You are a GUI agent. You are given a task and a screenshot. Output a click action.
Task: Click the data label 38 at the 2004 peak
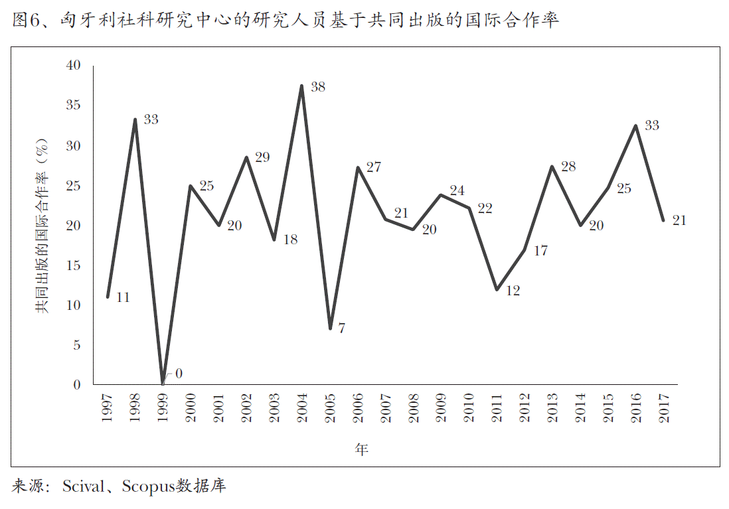coord(317,87)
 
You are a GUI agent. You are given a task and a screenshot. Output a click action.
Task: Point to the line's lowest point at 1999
coord(163,383)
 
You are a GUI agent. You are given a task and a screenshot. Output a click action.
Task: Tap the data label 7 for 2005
coord(341,328)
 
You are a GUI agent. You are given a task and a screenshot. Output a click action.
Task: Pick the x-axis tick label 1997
coord(108,408)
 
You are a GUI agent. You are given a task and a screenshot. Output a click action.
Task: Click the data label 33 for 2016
coord(651,125)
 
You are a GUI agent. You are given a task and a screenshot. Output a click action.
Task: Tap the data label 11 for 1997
coord(122,297)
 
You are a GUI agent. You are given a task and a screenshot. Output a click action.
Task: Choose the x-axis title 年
coord(361,449)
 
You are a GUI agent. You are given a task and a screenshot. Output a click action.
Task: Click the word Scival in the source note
coord(83,486)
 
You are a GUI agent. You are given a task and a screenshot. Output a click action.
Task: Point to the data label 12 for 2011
coord(512,291)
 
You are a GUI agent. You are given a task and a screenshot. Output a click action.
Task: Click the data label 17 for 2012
coord(540,252)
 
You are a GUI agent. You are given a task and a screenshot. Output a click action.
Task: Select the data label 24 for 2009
coord(456,190)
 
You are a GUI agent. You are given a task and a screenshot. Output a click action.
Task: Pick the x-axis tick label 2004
coord(302,408)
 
